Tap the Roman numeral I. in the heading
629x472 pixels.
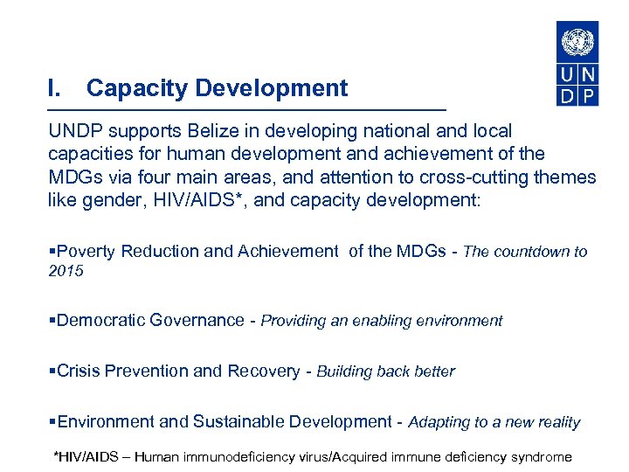coord(55,88)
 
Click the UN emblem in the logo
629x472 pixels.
coord(577,41)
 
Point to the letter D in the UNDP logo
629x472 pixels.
coord(566,96)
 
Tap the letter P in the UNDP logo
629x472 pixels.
coord(588,96)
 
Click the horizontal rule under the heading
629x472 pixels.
coord(246,109)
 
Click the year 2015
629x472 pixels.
coord(66,271)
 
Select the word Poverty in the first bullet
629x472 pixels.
coord(86,252)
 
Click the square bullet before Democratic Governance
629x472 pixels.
coord(52,321)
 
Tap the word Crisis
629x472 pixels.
coord(78,371)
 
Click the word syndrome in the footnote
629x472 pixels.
coord(540,456)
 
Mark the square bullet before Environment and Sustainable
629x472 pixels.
coord(52,422)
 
